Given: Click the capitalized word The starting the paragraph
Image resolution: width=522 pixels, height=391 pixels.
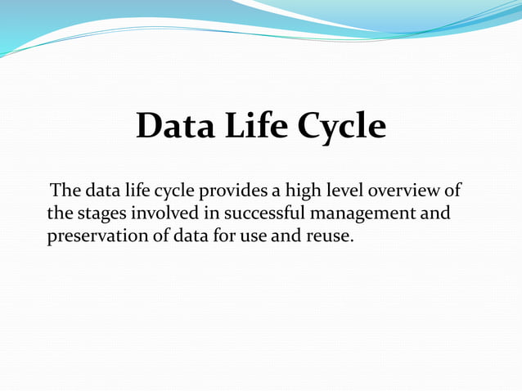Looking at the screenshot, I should click(65, 191).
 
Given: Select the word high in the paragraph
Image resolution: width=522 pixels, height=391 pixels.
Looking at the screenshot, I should click(304, 192).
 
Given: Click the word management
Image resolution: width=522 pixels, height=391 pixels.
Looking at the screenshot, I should click(365, 215).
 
